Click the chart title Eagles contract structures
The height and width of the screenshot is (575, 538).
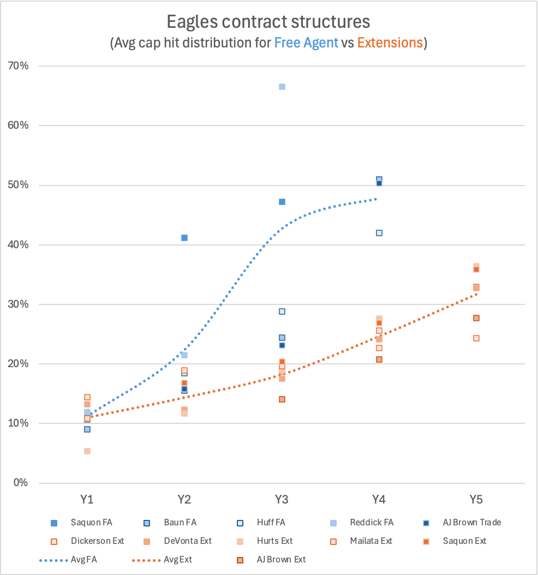pyautogui.click(x=268, y=22)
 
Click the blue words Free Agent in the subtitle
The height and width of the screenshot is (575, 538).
pyautogui.click(x=306, y=43)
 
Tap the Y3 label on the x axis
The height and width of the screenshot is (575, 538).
pyautogui.click(x=282, y=500)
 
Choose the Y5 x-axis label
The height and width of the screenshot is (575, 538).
pyautogui.click(x=476, y=500)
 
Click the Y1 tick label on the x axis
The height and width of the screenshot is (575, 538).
pyautogui.click(x=87, y=500)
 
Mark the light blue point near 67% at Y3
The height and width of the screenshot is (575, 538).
pyautogui.click(x=282, y=87)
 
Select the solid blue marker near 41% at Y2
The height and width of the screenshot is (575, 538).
pyautogui.click(x=184, y=238)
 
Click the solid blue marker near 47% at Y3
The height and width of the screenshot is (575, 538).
pyautogui.click(x=282, y=202)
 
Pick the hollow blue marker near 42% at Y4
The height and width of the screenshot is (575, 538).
pyautogui.click(x=379, y=233)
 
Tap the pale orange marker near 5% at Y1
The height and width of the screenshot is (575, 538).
pyautogui.click(x=87, y=451)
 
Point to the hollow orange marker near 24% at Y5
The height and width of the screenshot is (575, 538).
pyautogui.click(x=476, y=338)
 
